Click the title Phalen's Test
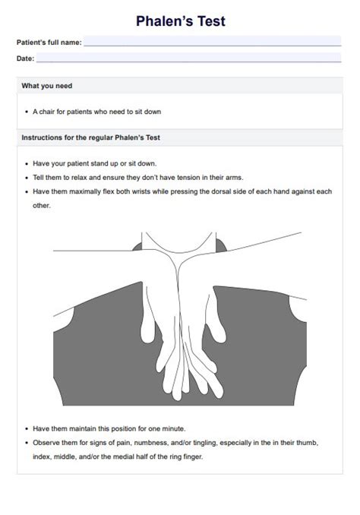click(x=180, y=21)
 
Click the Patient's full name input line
click(x=213, y=43)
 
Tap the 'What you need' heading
click(x=47, y=86)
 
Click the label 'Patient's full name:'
click(x=49, y=43)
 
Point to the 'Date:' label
click(x=25, y=58)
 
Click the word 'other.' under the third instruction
click(x=42, y=205)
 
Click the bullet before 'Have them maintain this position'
click(x=27, y=428)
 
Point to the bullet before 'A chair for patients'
click(x=27, y=112)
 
